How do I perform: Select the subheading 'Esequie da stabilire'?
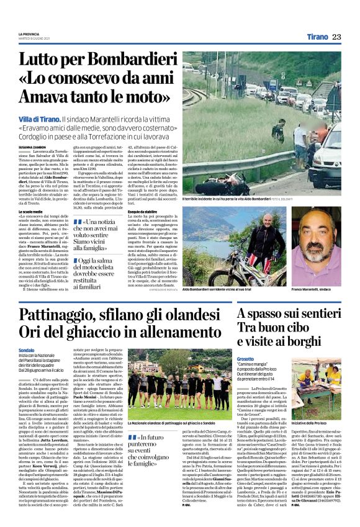199,211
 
